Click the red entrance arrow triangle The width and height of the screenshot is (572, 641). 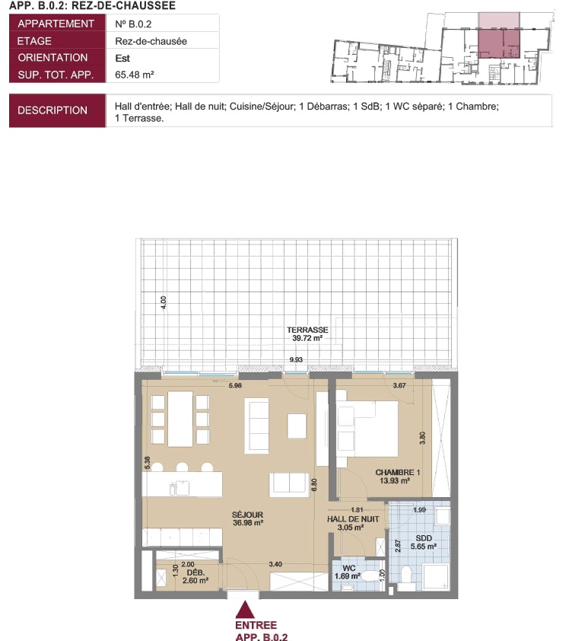245,610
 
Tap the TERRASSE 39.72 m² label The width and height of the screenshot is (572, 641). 307,333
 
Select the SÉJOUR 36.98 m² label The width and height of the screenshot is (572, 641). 248,518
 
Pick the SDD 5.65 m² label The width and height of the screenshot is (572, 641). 424,542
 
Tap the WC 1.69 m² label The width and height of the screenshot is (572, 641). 348,572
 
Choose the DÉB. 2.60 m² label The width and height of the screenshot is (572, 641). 195,576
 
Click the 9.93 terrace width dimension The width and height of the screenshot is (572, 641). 296,360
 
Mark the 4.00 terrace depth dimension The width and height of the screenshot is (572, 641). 164,302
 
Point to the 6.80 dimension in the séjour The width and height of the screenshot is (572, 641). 314,485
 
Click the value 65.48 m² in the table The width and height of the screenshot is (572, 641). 135,75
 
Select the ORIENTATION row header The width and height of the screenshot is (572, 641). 52,58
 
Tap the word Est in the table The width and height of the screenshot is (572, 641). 122,58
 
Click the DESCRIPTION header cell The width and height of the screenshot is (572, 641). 52,110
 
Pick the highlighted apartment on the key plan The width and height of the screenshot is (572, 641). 499,43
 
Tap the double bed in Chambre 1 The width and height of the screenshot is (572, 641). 367,429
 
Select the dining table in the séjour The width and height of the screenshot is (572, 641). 180,419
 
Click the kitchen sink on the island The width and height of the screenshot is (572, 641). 180,487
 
